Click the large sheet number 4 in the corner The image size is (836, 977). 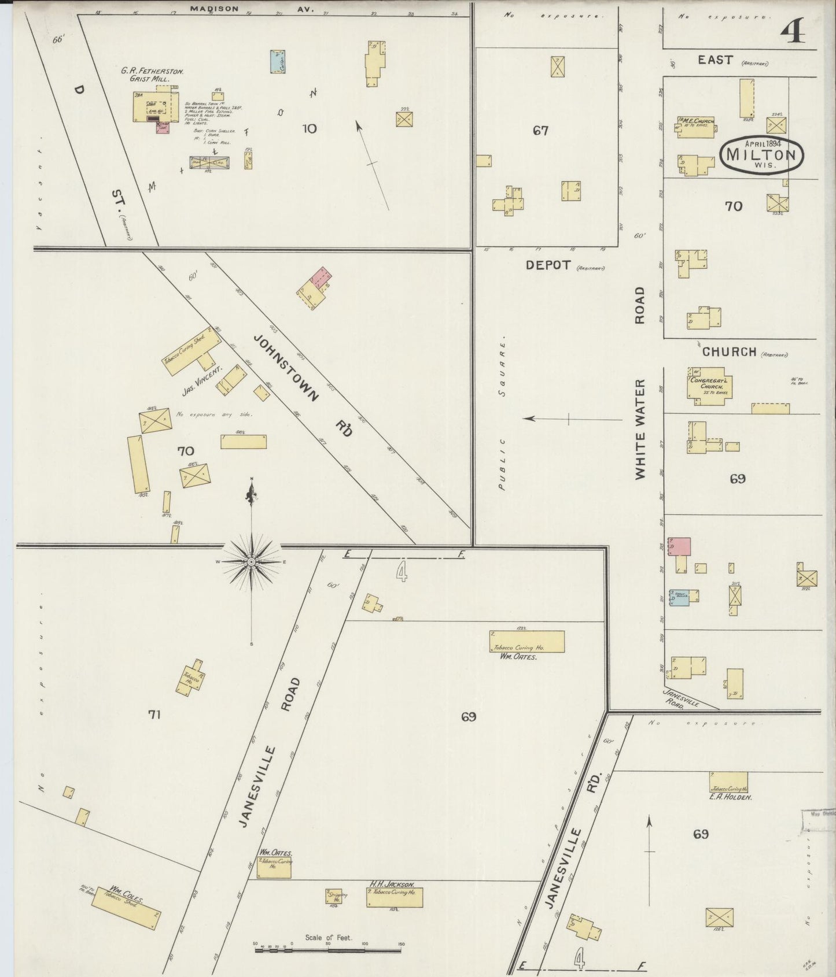click(793, 32)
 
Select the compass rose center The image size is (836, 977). click(252, 561)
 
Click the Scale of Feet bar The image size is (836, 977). click(328, 950)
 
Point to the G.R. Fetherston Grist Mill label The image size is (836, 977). click(152, 75)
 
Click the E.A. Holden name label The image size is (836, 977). click(731, 797)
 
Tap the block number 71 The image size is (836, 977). click(154, 715)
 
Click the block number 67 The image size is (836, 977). click(540, 131)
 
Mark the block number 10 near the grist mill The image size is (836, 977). click(310, 128)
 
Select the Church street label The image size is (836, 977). click(729, 351)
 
